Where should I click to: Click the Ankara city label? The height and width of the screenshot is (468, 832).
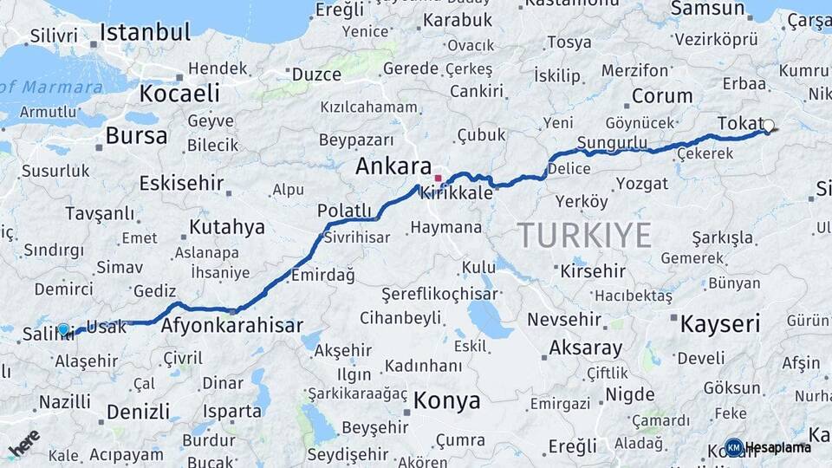coord(393,167)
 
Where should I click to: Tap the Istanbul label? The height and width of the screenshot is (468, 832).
coord(145,34)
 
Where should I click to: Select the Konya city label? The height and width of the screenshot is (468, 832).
coord(446,400)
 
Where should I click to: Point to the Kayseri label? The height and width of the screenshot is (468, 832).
coord(720,325)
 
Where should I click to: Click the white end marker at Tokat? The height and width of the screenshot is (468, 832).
coord(768,126)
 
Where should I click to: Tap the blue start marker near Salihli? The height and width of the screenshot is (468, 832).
coord(62,329)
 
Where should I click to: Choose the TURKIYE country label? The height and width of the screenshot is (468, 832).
coord(584,235)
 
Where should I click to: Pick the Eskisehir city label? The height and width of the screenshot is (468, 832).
coord(181,184)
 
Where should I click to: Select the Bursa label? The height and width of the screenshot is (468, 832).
coord(136,136)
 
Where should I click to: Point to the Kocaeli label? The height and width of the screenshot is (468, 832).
coord(179,94)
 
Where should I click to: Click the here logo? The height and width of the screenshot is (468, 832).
coord(24,443)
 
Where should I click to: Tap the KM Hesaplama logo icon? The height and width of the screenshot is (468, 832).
coord(734,447)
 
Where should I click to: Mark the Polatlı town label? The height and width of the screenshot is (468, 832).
coord(344,211)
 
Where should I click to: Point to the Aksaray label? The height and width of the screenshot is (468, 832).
coord(586,348)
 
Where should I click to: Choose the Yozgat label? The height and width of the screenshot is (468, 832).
coord(642,184)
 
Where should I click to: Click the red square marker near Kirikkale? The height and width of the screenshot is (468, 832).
coord(438,178)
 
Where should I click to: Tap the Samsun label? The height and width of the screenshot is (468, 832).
coord(702,9)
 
